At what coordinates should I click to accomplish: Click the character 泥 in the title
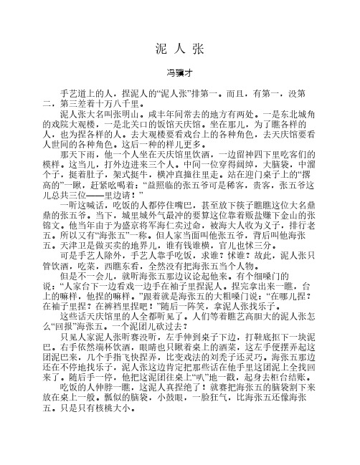pos(160,49)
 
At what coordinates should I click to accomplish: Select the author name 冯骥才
pos(179,72)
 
